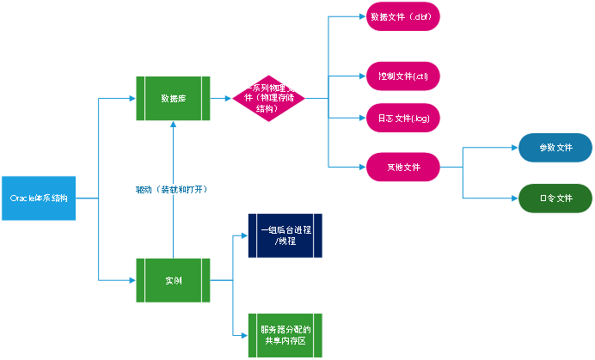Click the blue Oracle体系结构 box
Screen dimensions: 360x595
tap(39, 198)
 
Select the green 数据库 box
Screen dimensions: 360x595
tap(173, 99)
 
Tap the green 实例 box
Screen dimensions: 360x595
tap(173, 280)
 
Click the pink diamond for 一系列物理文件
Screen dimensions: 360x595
tap(268, 99)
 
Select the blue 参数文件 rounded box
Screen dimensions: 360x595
tap(555, 148)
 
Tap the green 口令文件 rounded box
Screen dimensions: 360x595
tap(555, 198)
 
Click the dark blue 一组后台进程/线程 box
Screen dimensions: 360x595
tap(285, 235)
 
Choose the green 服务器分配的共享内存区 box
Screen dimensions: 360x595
tap(285, 335)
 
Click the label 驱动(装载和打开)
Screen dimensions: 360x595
tap(173, 189)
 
